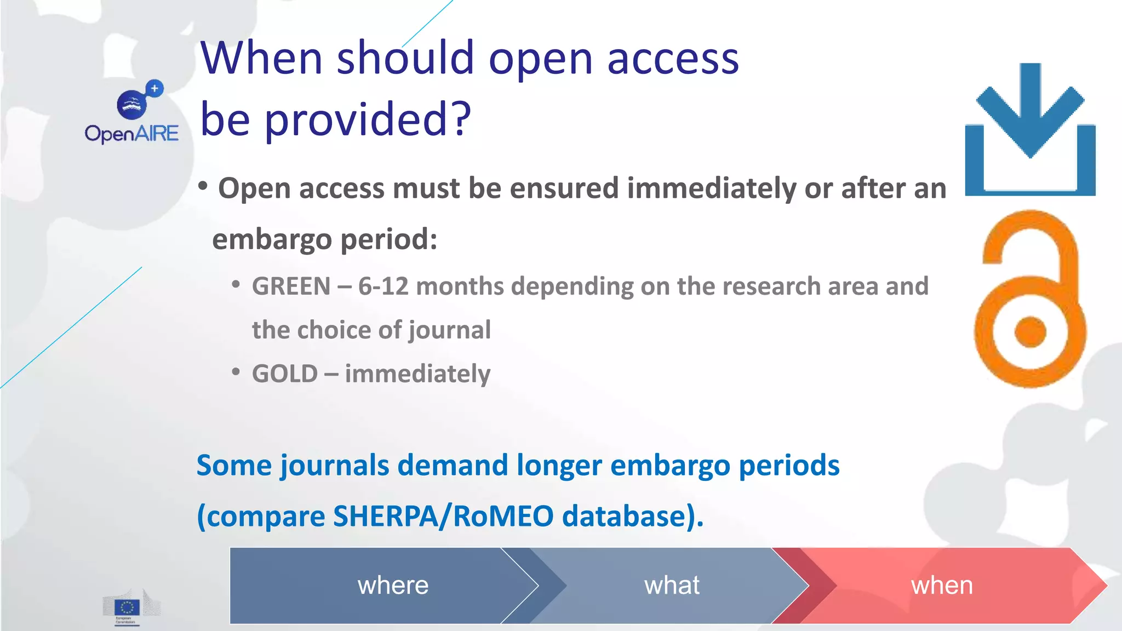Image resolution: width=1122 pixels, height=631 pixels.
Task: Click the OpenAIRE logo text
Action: point(131,133)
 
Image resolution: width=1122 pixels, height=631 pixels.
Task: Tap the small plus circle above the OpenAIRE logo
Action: point(154,88)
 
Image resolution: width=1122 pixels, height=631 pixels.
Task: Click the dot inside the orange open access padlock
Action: point(1030,332)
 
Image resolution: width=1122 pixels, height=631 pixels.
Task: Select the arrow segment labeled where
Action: point(393,585)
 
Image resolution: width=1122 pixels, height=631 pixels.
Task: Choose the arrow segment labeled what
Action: point(672,585)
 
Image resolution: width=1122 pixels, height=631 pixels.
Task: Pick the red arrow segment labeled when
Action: point(941,585)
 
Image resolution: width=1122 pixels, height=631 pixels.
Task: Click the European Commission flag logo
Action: point(127,607)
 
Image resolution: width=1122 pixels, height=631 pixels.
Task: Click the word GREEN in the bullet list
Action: point(291,286)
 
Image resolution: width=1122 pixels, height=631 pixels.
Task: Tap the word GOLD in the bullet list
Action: point(284,374)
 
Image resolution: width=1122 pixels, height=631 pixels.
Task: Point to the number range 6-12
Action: point(383,286)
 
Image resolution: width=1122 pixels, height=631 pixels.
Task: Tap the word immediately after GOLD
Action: point(417,374)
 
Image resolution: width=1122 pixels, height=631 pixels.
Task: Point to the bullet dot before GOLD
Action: point(236,372)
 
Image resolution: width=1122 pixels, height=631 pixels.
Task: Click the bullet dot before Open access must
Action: point(203,186)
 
